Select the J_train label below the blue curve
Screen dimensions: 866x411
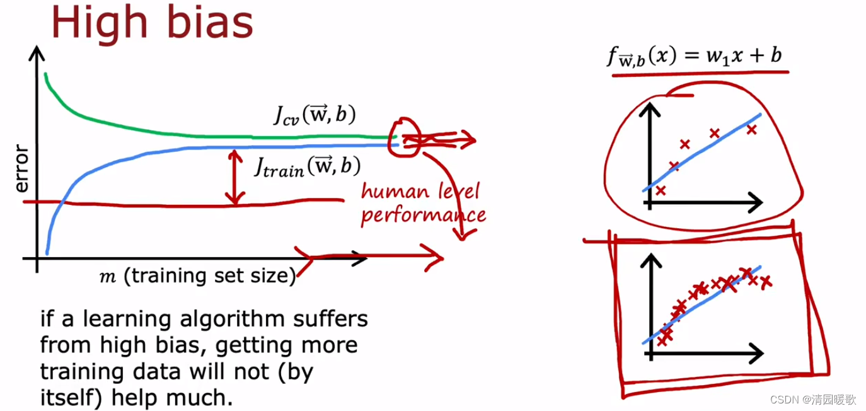tap(307, 167)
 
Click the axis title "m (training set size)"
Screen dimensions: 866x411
tap(197, 277)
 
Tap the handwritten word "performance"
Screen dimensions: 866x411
tap(423, 215)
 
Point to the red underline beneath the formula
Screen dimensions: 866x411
tap(700, 74)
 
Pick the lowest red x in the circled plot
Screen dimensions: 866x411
tap(660, 190)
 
